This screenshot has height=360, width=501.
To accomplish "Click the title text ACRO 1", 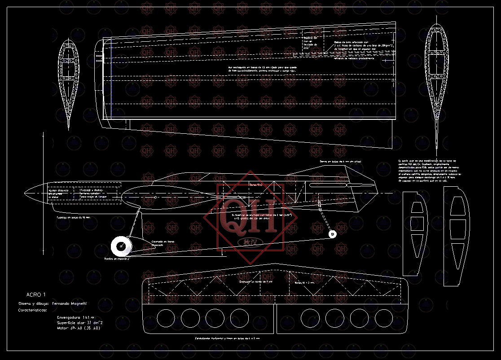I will (36, 295).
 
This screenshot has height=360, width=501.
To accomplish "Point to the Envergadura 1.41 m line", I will (76, 317).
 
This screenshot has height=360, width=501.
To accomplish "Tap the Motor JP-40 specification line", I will (78, 328).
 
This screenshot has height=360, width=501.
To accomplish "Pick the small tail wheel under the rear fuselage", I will (332, 234).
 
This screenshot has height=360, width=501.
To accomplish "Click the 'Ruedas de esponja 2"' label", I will (117, 259).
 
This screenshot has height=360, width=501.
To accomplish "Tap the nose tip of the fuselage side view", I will (24, 193).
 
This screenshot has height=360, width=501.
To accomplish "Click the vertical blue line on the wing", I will (111, 79).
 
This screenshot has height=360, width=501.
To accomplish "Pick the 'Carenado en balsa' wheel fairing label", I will (163, 243).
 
